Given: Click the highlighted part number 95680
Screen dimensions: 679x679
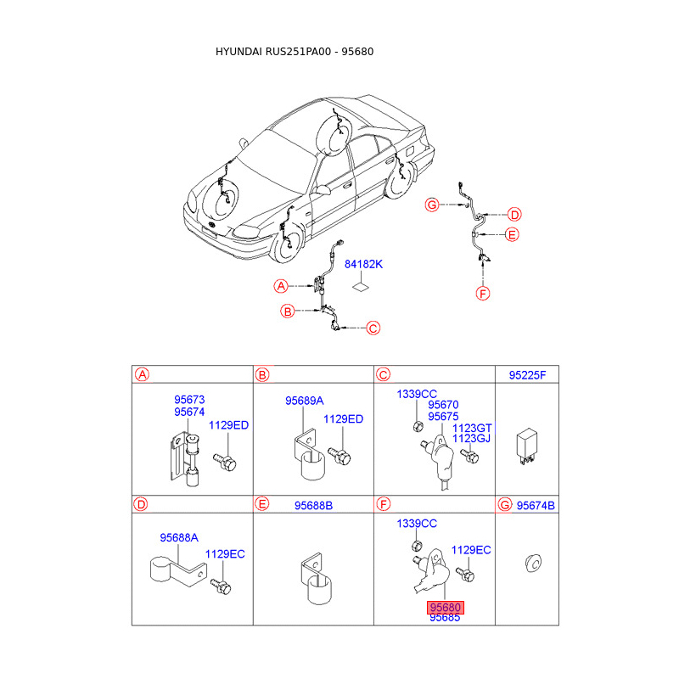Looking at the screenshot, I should point(445,608).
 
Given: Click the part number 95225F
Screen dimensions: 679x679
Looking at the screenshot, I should point(528,374).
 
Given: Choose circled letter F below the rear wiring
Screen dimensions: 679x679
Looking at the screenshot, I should point(483,294).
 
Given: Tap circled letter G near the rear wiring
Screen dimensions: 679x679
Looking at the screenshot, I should point(433,205).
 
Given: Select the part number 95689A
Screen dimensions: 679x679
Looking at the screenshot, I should point(304,401).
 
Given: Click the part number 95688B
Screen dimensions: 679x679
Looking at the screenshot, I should point(313,506).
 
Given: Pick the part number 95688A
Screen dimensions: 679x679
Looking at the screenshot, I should point(179,537).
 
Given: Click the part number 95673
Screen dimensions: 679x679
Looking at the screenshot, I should point(189,399).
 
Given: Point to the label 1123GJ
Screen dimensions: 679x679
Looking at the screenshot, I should point(472,439).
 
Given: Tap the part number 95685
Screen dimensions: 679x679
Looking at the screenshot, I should point(445,618).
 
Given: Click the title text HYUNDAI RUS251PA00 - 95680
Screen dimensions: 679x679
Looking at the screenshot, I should point(295,52).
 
